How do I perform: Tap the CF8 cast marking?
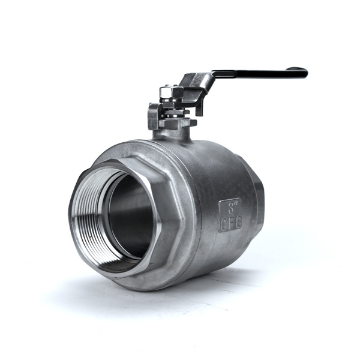point(231,223)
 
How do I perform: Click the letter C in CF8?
point(224,223)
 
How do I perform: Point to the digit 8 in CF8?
point(238,221)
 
